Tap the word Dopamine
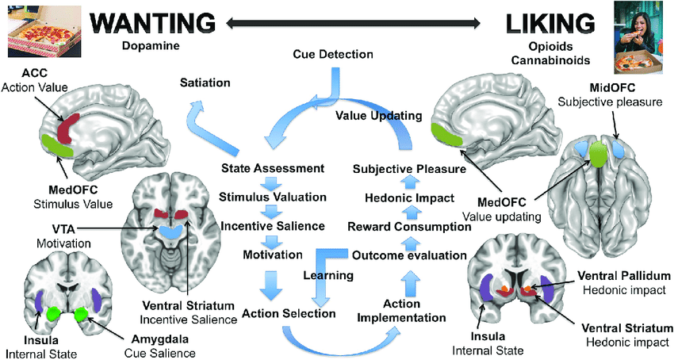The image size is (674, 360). [x=151, y=45]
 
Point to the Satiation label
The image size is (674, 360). [x=205, y=82]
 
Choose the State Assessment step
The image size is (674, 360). [x=273, y=168]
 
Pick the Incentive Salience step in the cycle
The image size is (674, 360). [x=273, y=226]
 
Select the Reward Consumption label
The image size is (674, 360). [x=409, y=227]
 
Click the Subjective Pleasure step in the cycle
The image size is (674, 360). [x=409, y=168]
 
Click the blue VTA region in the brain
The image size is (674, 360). [x=170, y=230]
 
